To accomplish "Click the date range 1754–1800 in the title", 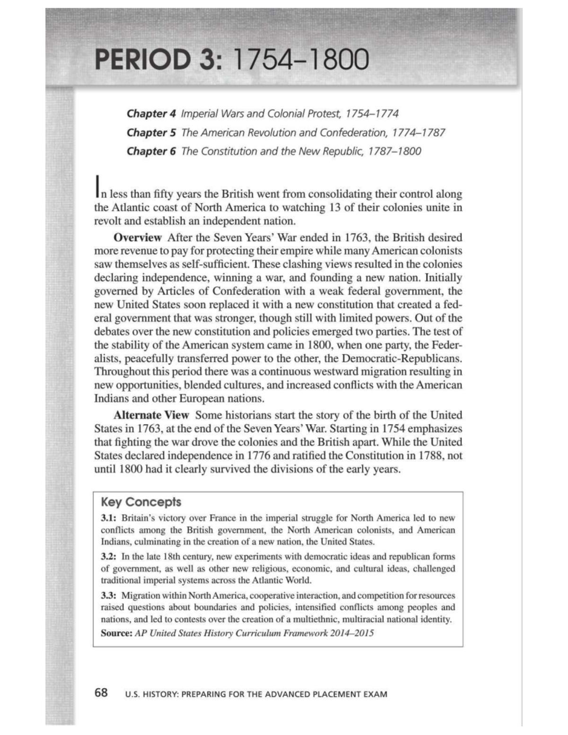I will click(301, 61).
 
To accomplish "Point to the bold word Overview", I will click(138, 237).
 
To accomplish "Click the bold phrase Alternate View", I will click(151, 415).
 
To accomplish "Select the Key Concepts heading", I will click(141, 502).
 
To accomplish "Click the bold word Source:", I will click(116, 633).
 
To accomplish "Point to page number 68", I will click(101, 693).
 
